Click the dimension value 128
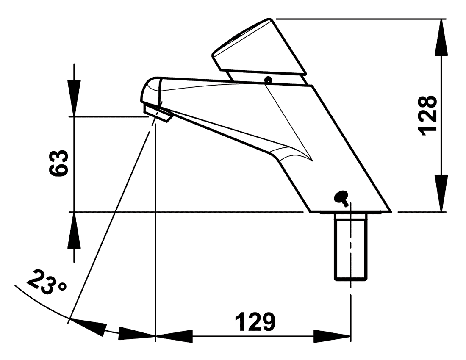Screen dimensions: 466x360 pyautogui.click(x=427, y=115)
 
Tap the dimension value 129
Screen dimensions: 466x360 pyautogui.click(x=255, y=321)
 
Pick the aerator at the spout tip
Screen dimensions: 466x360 pyautogui.click(x=158, y=113)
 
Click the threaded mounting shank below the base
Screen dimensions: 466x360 pyautogui.click(x=351, y=247)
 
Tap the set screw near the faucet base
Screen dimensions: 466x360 pyautogui.click(x=341, y=197)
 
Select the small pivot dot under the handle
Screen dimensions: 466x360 pyautogui.click(x=268, y=80)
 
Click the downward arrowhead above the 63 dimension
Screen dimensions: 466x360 pyautogui.click(x=74, y=98)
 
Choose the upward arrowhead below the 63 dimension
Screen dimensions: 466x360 pyautogui.click(x=74, y=230)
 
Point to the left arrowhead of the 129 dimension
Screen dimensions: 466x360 pyautogui.click(x=174, y=336)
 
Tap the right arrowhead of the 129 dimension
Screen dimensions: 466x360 pyautogui.click(x=332, y=336)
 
